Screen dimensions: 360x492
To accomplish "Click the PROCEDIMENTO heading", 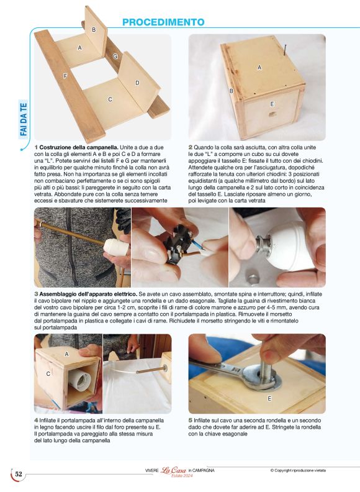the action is tap(163, 22).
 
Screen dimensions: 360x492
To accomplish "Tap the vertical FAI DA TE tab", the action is tap(24, 120).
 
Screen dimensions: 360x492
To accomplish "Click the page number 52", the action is tap(19, 474).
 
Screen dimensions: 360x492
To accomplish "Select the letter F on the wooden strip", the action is tap(65, 76).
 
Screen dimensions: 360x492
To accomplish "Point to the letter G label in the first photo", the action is tap(115, 57).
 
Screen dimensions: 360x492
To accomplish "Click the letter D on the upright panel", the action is tap(137, 83).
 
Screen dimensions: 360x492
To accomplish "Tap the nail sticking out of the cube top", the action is tap(285, 50).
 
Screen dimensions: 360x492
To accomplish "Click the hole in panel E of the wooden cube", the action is tap(272, 114).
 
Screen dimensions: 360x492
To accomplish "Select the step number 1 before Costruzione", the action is tap(36, 147).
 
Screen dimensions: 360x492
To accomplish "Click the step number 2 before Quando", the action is tap(191, 147).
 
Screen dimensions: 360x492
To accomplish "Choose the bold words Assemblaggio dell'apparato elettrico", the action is tap(88, 294).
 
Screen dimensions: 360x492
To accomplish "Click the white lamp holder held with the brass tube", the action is tap(116, 247).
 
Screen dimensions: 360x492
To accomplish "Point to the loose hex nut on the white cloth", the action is tap(252, 278).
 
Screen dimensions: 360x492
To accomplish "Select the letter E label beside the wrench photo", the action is tap(269, 398).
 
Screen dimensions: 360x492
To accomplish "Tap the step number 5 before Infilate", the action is tap(191, 420).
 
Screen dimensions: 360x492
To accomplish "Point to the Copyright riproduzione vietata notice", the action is tap(298, 470).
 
